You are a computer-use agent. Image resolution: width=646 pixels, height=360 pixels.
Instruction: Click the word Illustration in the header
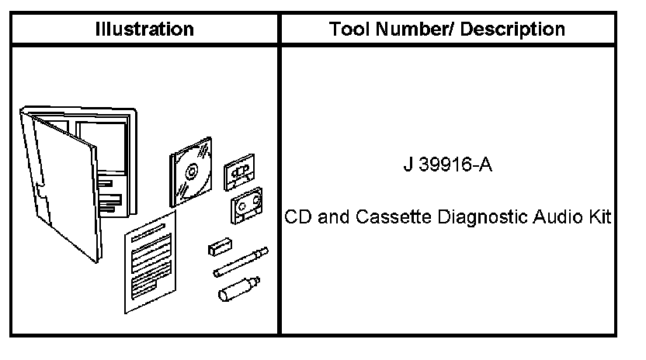coord(144,30)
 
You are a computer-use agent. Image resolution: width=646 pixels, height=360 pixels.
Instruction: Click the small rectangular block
coord(219,247)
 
